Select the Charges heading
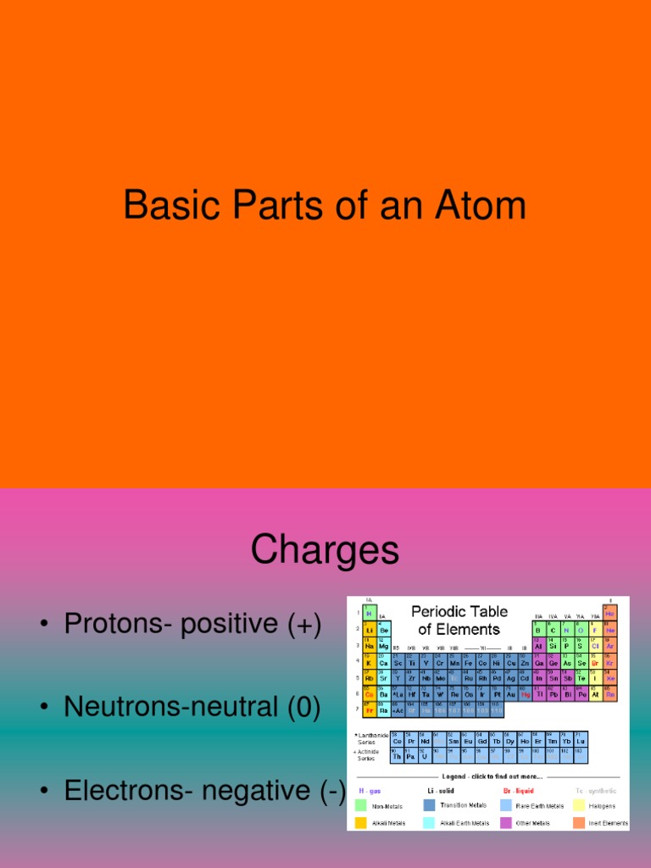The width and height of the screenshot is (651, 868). (325, 551)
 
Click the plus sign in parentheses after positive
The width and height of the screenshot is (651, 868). (304, 624)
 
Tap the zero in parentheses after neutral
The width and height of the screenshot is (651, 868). (303, 706)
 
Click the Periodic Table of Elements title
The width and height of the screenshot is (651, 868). (459, 620)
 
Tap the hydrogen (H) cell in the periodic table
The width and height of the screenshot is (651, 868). (370, 613)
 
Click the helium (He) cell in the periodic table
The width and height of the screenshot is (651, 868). (609, 613)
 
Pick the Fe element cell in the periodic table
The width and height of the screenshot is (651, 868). (468, 663)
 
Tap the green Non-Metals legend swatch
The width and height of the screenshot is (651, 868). (360, 806)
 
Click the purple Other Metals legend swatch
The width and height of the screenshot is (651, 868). (506, 822)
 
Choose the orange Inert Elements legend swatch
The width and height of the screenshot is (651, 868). (578, 822)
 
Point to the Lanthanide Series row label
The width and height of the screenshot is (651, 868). (370, 737)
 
